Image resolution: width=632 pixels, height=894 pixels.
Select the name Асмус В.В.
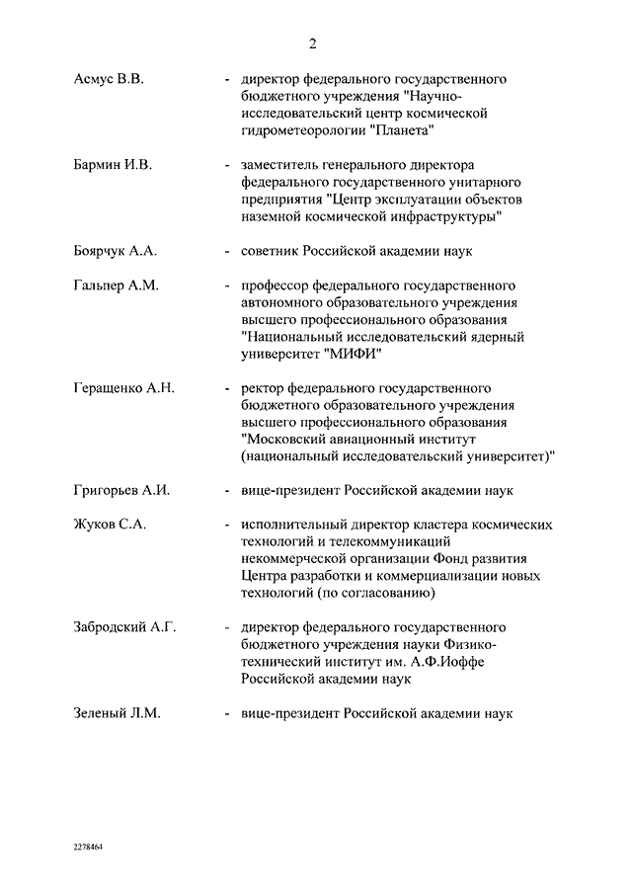pos(109,79)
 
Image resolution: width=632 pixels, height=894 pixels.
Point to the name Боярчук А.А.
pos(116,251)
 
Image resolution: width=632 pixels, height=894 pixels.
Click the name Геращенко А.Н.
pos(123,388)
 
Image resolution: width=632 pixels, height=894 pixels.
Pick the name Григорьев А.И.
pos(122,490)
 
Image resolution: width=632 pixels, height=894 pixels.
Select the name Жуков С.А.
pos(110,525)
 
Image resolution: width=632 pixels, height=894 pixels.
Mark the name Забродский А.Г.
pos(124,627)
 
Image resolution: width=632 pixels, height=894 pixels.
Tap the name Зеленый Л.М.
pos(117,712)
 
